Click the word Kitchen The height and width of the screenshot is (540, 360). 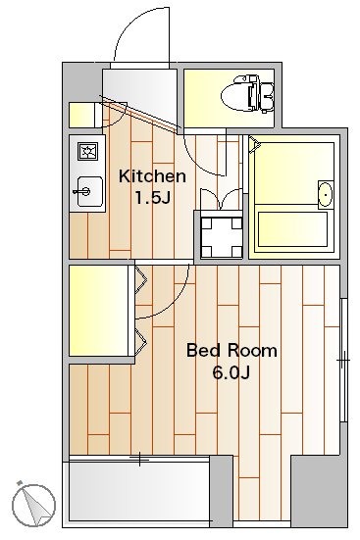(152, 176)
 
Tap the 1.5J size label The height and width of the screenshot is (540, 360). (153, 198)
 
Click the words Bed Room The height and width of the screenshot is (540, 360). (231, 351)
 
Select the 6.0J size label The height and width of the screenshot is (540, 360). (231, 373)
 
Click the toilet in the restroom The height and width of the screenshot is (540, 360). (247, 94)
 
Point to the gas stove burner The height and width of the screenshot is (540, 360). (87, 152)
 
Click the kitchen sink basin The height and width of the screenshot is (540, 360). (90, 191)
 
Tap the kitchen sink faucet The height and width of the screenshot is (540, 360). (81, 191)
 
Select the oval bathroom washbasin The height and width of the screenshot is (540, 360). (326, 195)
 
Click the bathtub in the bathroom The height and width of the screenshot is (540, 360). (292, 229)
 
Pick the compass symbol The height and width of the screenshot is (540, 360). (33, 505)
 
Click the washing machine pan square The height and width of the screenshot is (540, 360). (222, 237)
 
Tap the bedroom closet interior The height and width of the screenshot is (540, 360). (99, 311)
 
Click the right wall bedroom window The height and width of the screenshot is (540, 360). (343, 360)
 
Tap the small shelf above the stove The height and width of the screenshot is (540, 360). (81, 115)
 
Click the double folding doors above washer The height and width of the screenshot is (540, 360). (222, 199)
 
